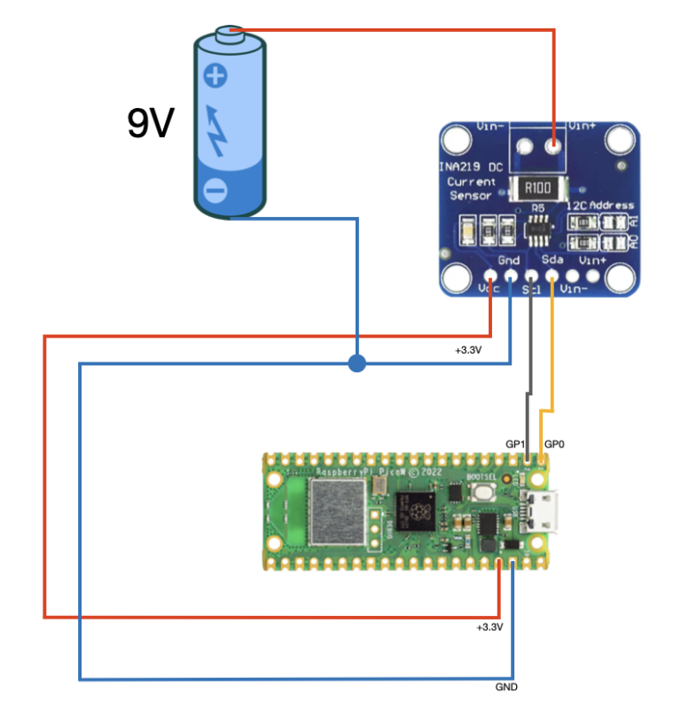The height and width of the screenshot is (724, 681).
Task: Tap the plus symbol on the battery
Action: pos(215,75)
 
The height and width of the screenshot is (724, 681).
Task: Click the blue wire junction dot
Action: pos(356,363)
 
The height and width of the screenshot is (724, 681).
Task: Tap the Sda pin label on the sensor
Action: pos(551,261)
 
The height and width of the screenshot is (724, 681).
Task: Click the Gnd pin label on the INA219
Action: pos(509,261)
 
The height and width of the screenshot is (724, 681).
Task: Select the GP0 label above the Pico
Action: pos(554,443)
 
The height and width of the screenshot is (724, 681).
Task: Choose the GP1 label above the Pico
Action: pos(516,443)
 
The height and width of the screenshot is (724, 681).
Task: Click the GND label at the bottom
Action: pos(507,687)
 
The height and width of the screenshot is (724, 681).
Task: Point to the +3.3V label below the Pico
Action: pos(489,627)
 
